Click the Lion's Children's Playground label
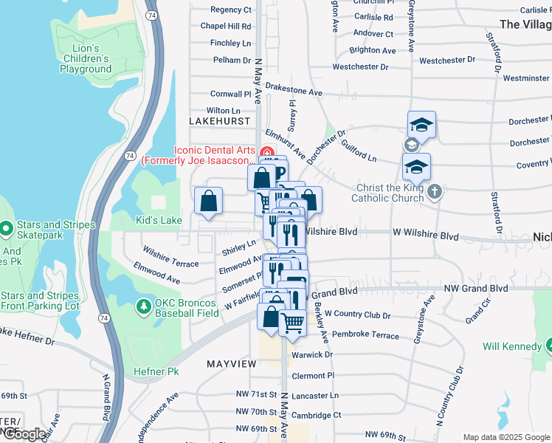pyautogui.click(x=86, y=58)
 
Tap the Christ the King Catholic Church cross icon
pyautogui.click(x=435, y=192)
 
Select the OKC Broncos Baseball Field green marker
pyautogui.click(x=144, y=305)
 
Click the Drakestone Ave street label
pyautogui.click(x=294, y=93)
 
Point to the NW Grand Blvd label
pyautogui.click(x=476, y=287)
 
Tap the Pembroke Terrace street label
pyautogui.click(x=365, y=334)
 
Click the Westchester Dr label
pyautogui.click(x=360, y=66)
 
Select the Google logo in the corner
pyautogui.click(x=24, y=434)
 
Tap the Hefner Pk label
pyautogui.click(x=151, y=371)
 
